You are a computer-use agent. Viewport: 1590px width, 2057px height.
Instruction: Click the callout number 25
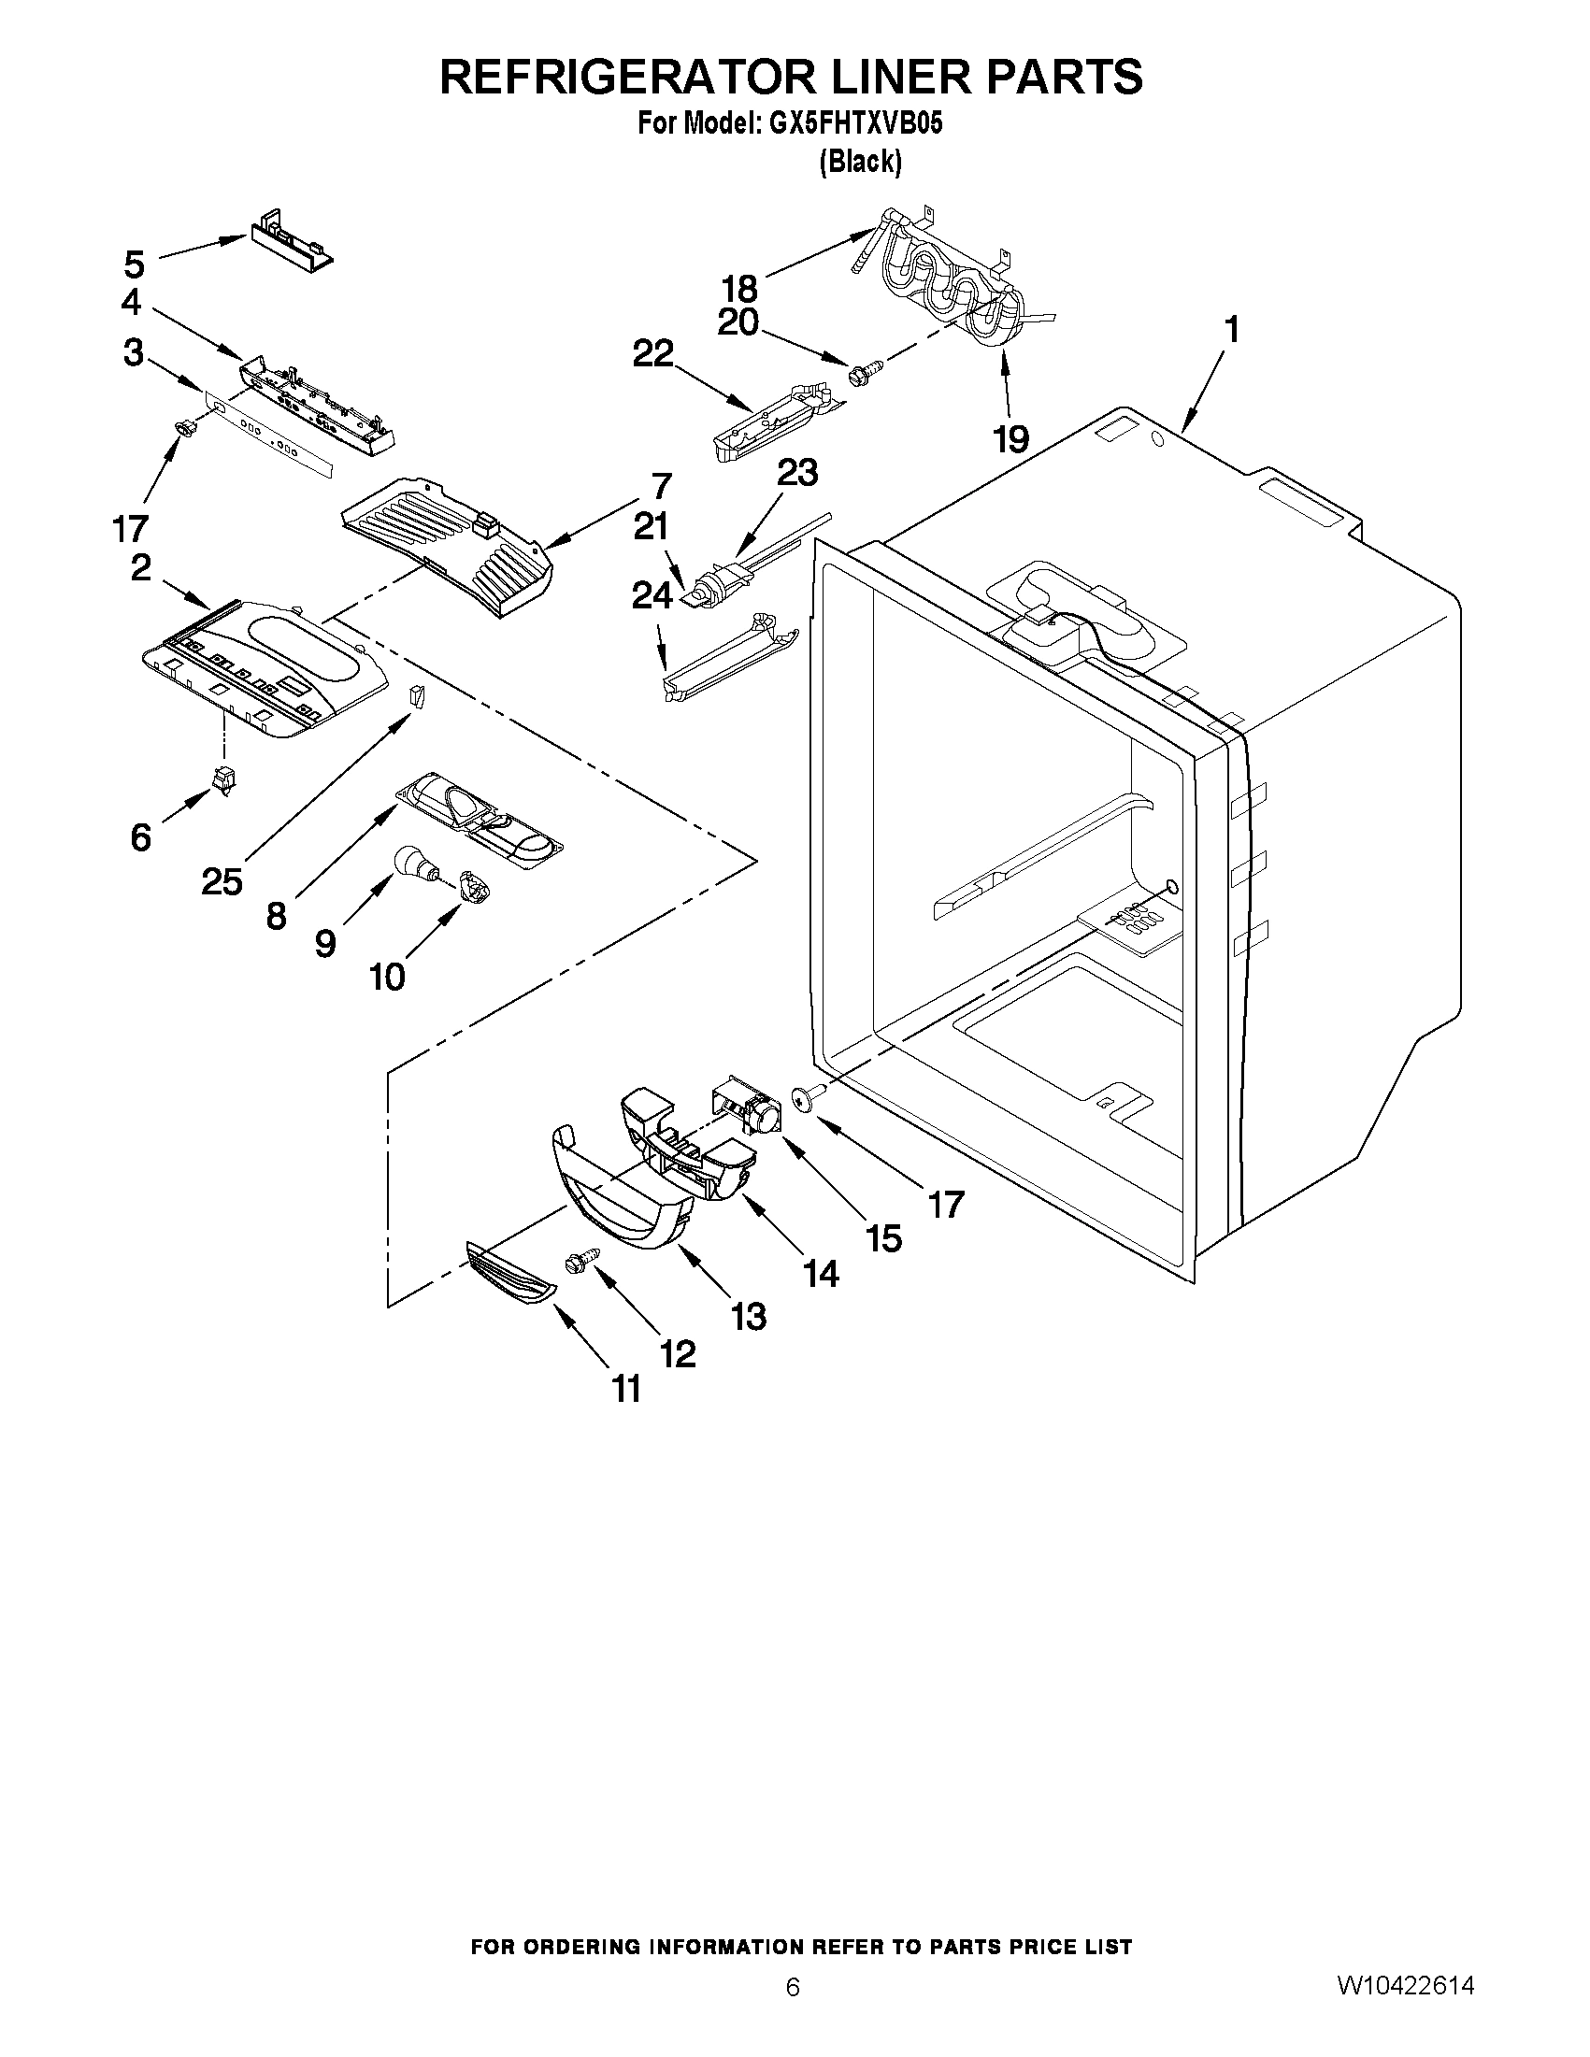[x=222, y=881]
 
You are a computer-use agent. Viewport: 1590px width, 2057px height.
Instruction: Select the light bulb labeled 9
[x=411, y=862]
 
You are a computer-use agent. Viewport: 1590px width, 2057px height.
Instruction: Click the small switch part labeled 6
[x=224, y=779]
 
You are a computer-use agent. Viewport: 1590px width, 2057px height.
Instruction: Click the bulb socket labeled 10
[x=471, y=887]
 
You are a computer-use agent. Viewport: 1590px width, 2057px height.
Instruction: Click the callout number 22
[x=653, y=354]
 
